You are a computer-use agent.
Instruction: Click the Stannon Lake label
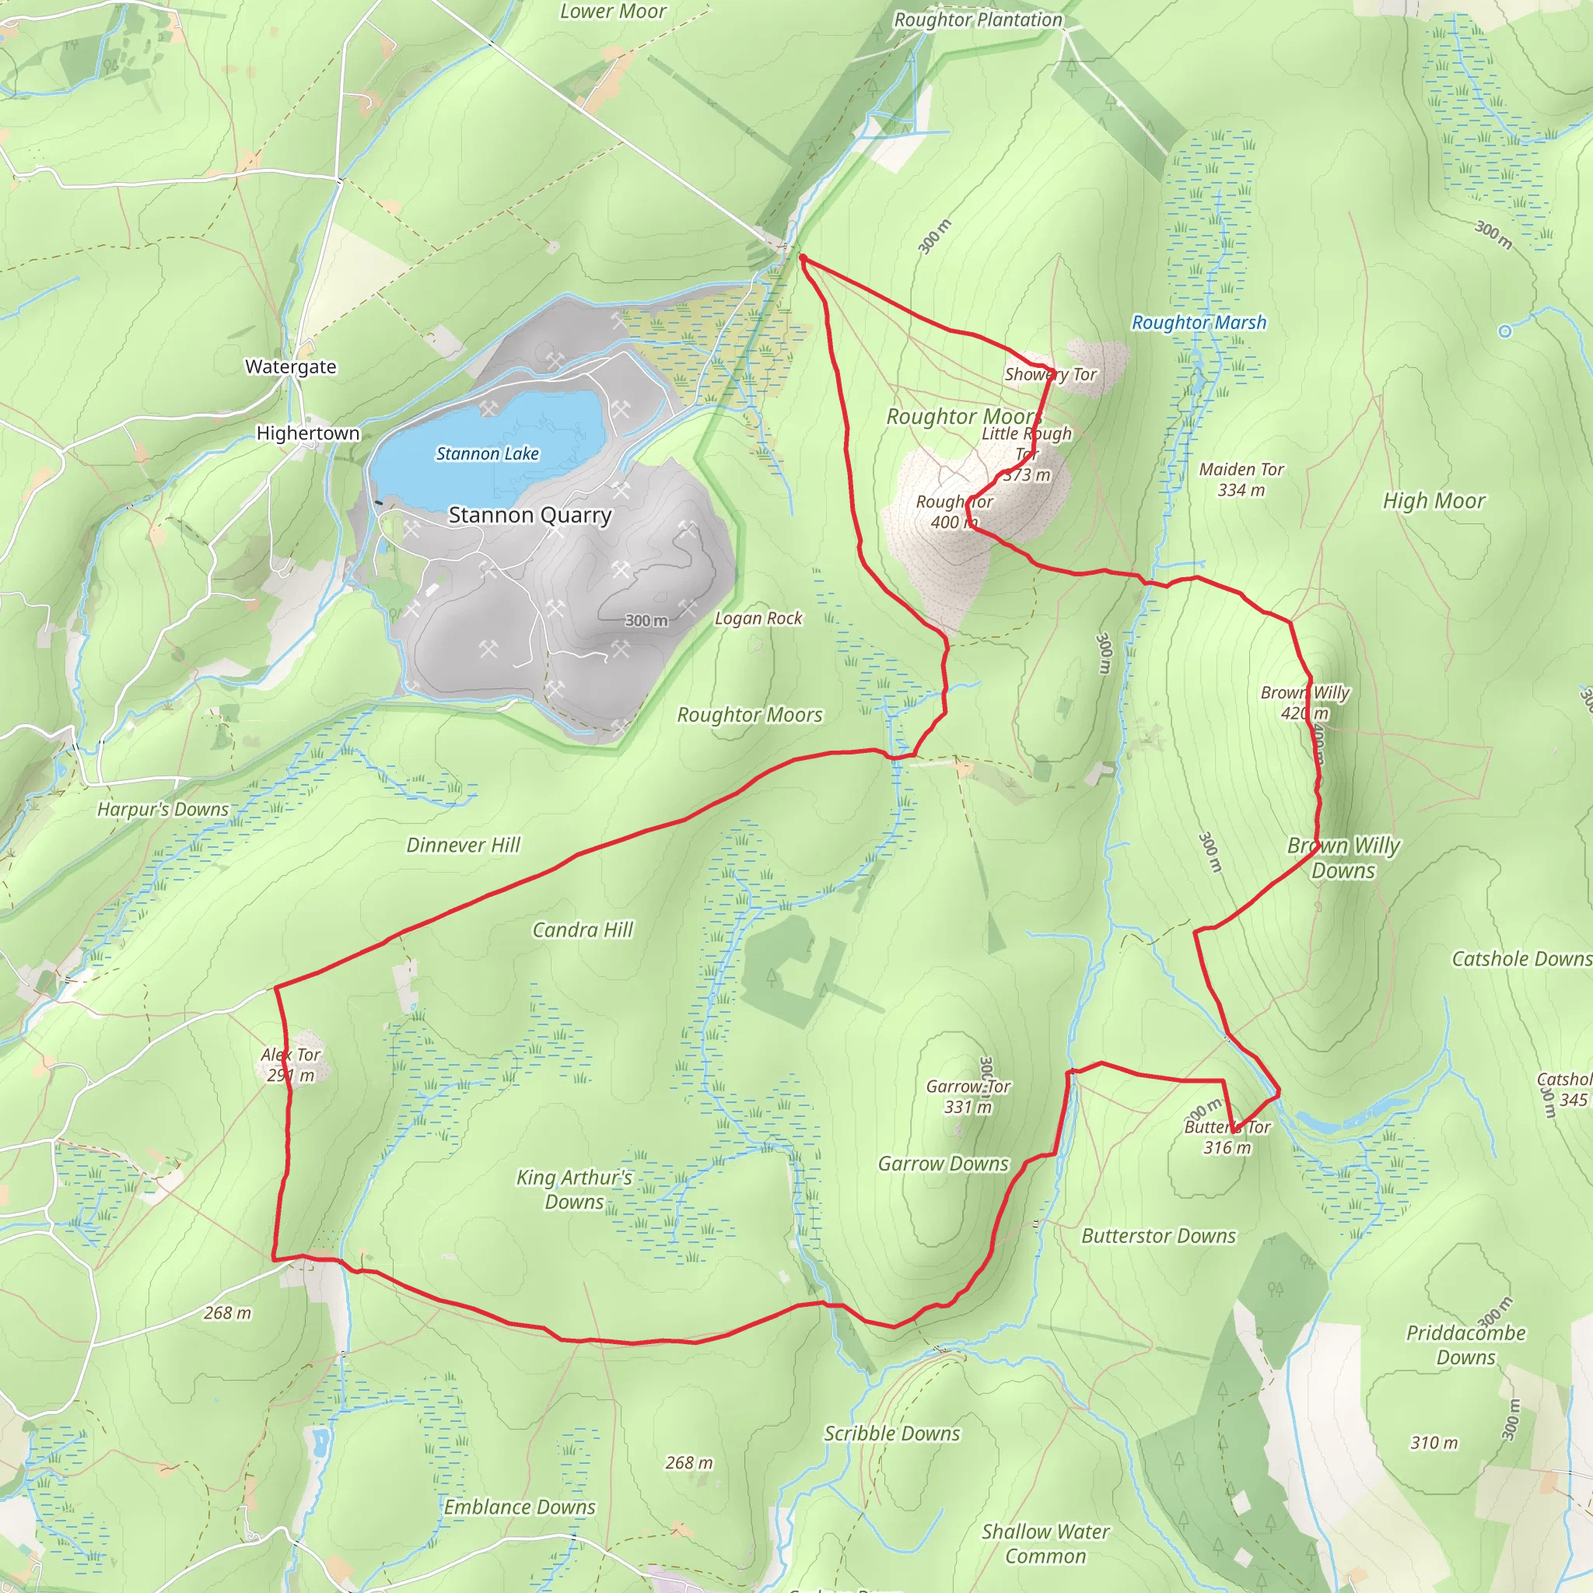click(487, 453)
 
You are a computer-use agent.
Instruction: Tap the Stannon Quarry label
click(530, 516)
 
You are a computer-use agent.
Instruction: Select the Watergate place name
click(290, 367)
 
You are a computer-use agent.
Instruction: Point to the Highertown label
click(307, 433)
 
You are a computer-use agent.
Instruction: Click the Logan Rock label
click(758, 618)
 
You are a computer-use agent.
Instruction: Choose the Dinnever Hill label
click(463, 846)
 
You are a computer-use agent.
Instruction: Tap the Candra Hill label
click(582, 930)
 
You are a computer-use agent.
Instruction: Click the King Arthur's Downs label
click(574, 1189)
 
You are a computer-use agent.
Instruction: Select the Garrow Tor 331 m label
click(967, 1097)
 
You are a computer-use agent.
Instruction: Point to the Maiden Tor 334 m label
click(1241, 479)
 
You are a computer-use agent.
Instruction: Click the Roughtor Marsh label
click(1198, 322)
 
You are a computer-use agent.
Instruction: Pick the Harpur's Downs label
click(163, 810)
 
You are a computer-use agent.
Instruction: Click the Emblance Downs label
click(520, 1507)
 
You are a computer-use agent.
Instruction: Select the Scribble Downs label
click(892, 1433)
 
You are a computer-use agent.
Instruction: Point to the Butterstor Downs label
click(1157, 1235)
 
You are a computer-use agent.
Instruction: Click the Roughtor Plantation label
click(978, 19)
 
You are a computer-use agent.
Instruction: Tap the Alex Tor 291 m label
click(290, 1065)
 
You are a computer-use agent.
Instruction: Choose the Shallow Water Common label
click(1045, 1543)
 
